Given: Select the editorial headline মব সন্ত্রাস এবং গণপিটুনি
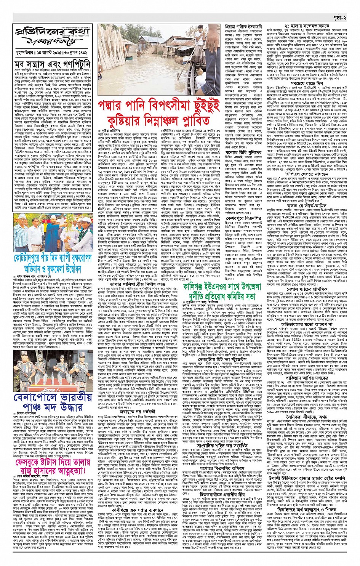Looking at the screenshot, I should pos(53,65).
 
